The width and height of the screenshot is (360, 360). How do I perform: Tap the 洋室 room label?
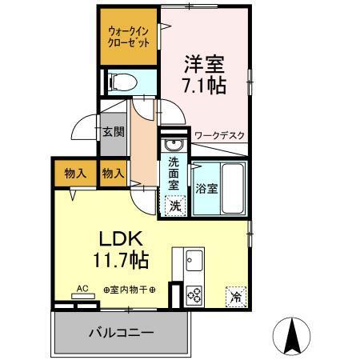point(203,62)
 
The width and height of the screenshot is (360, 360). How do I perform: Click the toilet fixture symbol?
point(121,82)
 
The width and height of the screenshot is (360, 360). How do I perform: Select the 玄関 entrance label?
point(113,132)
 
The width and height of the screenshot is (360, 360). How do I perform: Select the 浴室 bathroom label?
point(207,189)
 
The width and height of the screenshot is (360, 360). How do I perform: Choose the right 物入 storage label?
point(113,172)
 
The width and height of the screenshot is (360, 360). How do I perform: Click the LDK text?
point(121,239)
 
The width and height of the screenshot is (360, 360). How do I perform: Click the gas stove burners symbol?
point(194,294)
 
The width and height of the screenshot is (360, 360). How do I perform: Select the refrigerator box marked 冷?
point(236,294)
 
